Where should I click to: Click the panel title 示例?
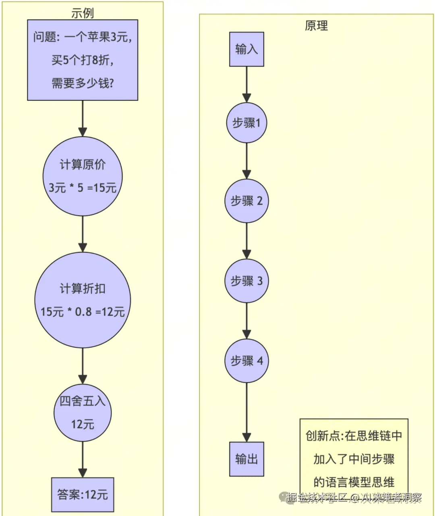(x=83, y=13)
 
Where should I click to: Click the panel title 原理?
(x=316, y=26)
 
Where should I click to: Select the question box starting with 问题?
(x=83, y=60)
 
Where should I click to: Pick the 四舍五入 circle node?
(x=83, y=412)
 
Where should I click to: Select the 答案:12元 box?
(x=83, y=495)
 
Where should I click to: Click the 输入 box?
(x=246, y=49)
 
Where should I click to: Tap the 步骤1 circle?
(x=246, y=123)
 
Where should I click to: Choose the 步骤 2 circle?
(x=246, y=201)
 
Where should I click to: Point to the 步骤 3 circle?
(x=246, y=281)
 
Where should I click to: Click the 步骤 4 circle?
(x=246, y=361)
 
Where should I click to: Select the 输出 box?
(x=246, y=459)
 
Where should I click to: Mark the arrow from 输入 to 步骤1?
(x=246, y=85)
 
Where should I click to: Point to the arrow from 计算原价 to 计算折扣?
(x=83, y=234)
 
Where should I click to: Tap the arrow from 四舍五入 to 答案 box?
(x=83, y=460)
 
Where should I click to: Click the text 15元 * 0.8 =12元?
(x=83, y=312)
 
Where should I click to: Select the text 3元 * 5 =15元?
(x=83, y=188)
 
